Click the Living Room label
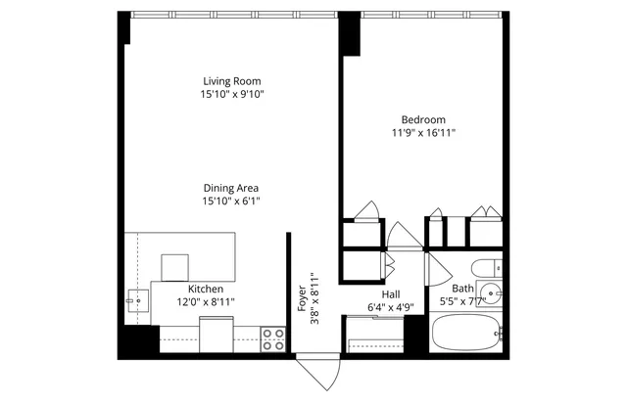(x=232, y=80)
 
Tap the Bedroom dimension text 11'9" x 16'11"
(x=423, y=132)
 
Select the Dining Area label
(x=231, y=188)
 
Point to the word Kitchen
(x=206, y=290)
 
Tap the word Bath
(x=461, y=290)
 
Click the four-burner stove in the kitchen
(x=273, y=339)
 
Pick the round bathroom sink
(x=494, y=292)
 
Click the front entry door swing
(x=316, y=373)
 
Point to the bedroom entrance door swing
(x=402, y=236)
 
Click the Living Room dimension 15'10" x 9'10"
(x=232, y=94)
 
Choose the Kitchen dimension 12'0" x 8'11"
(x=206, y=303)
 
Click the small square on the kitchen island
(x=174, y=266)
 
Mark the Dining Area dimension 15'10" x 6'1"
(x=231, y=202)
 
